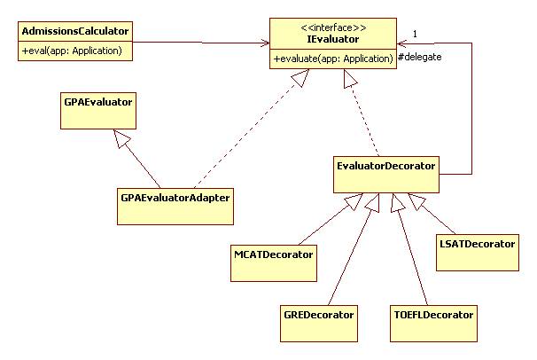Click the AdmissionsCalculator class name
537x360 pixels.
[74, 32]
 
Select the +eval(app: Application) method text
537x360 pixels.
[75, 51]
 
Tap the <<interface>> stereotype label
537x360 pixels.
[332, 28]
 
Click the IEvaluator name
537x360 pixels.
[332, 41]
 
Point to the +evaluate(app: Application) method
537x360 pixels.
[333, 59]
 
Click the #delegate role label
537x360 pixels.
[419, 58]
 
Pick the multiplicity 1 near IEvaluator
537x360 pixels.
[415, 34]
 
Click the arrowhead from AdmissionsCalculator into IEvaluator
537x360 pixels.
[263, 43]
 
